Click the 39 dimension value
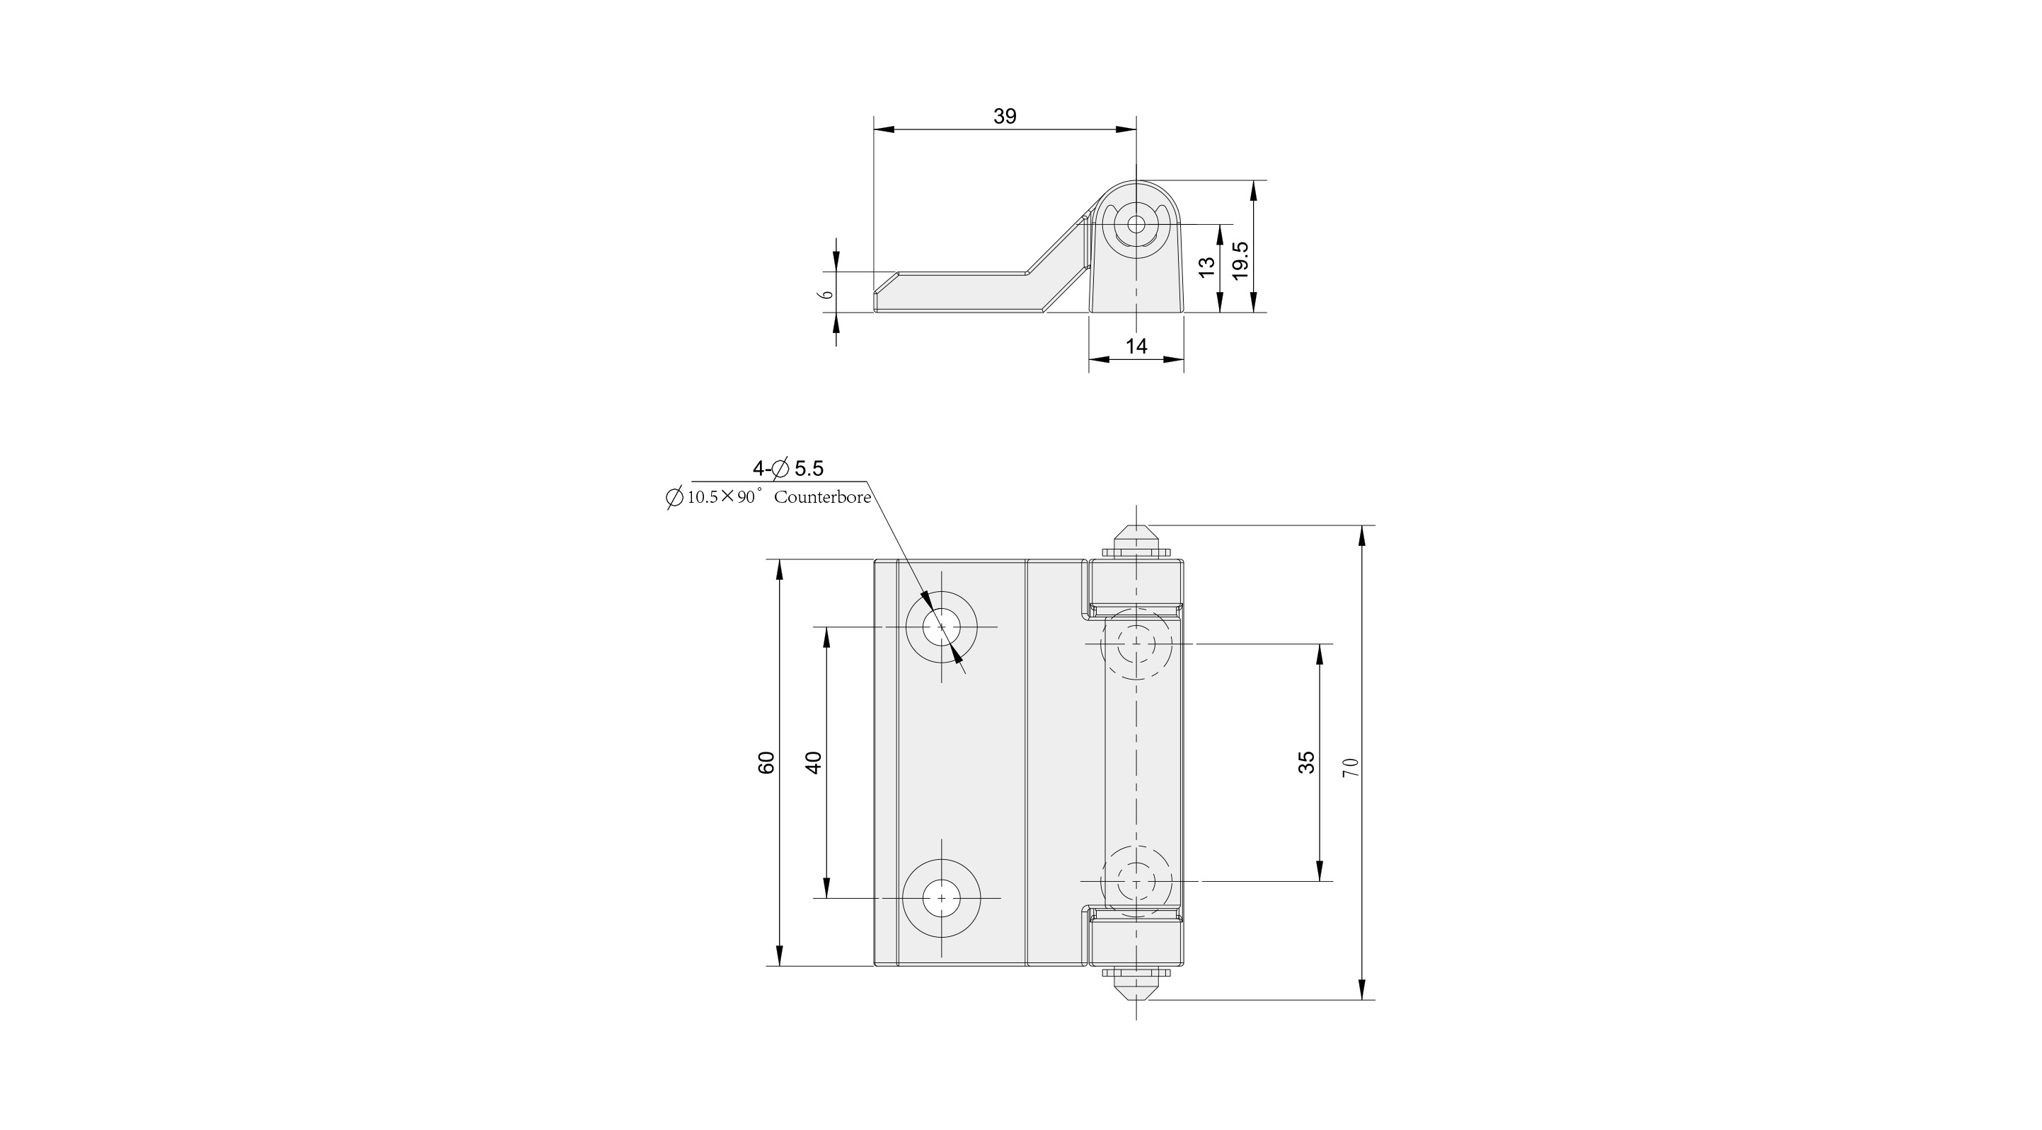point(1004,117)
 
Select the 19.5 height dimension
point(1240,260)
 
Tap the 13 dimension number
point(1206,267)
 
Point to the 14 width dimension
point(1136,346)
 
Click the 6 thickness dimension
point(827,293)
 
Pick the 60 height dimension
point(766,762)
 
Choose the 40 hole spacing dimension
point(813,762)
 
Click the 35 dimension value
point(1306,762)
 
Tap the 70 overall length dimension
point(1351,767)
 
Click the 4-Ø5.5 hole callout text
point(788,468)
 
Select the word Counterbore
point(822,498)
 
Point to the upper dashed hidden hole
point(1136,643)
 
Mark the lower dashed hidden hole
point(1136,880)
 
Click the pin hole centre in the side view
point(1136,225)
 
